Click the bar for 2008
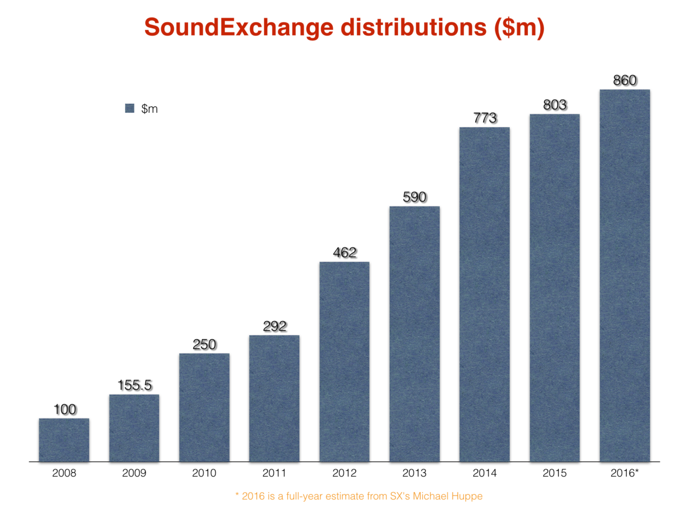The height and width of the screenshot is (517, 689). click(x=64, y=440)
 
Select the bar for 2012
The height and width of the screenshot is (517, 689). click(x=344, y=362)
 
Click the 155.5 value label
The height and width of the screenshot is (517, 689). click(x=135, y=385)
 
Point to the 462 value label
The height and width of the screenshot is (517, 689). click(x=344, y=253)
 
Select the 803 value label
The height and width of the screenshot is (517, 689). click(x=554, y=105)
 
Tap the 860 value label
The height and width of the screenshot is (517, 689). click(x=625, y=80)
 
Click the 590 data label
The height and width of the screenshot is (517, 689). click(x=415, y=197)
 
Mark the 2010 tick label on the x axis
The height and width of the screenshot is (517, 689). click(x=204, y=473)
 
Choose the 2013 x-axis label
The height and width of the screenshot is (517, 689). click(x=415, y=473)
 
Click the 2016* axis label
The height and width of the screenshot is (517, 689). click(x=625, y=473)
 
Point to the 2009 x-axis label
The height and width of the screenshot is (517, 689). click(x=134, y=473)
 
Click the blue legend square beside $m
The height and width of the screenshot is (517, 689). click(x=130, y=109)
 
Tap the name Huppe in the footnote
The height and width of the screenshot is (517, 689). click(x=467, y=496)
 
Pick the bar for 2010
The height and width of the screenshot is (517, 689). click(x=204, y=407)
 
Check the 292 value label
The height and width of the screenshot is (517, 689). click(x=275, y=326)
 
